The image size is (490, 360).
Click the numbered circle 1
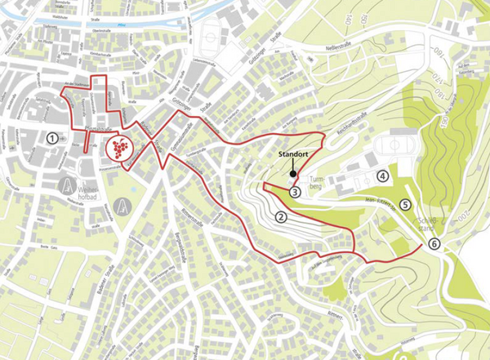click(52, 138)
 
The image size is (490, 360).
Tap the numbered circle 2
click(280, 217)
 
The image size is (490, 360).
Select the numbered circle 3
click(295, 191)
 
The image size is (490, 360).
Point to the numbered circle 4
click(382, 176)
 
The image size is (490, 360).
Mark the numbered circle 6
click(434, 243)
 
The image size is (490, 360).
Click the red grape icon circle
click(119, 149)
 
